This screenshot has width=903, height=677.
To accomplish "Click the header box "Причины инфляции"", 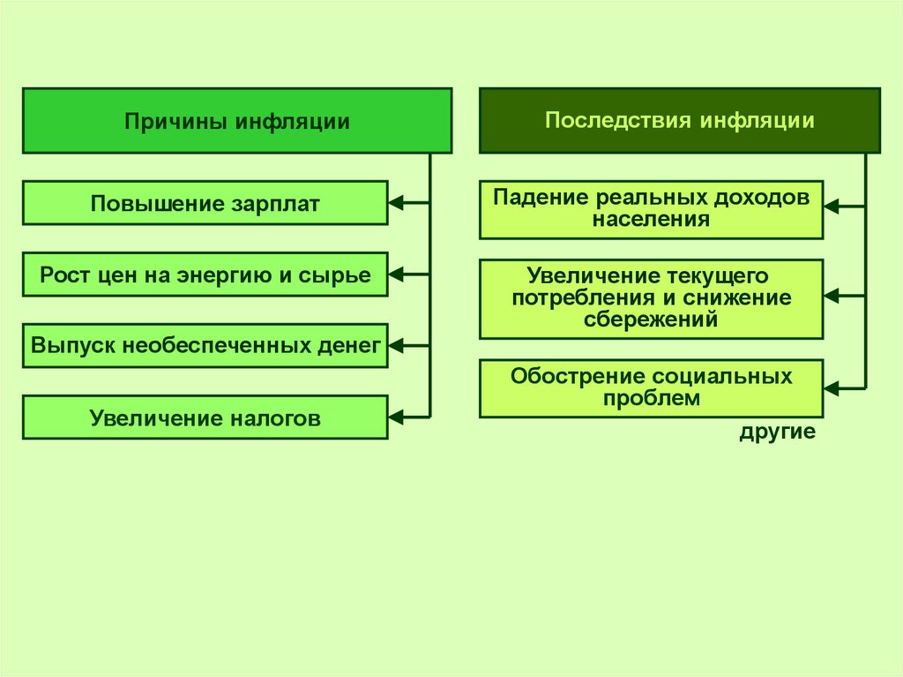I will (x=236, y=121).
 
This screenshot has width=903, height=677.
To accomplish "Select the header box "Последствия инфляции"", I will (x=679, y=120).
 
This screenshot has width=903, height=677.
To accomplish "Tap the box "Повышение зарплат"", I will (x=205, y=204).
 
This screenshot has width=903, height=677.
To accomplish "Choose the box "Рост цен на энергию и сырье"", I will (x=205, y=275).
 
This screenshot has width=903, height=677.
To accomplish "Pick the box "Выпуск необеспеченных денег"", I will (x=205, y=345).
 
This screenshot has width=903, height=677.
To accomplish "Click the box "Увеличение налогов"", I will (x=205, y=417).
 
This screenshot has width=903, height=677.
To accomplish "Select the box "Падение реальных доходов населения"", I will (x=651, y=209).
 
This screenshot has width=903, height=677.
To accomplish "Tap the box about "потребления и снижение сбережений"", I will (x=651, y=298).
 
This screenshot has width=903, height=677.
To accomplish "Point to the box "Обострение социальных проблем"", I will (x=651, y=387).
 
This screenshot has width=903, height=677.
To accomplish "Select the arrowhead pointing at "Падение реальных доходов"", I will (x=832, y=207).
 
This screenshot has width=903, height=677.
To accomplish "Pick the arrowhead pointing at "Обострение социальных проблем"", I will (x=832, y=387).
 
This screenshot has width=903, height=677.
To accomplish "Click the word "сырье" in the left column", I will (x=340, y=275).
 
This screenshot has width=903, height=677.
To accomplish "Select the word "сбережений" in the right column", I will (x=651, y=319).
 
